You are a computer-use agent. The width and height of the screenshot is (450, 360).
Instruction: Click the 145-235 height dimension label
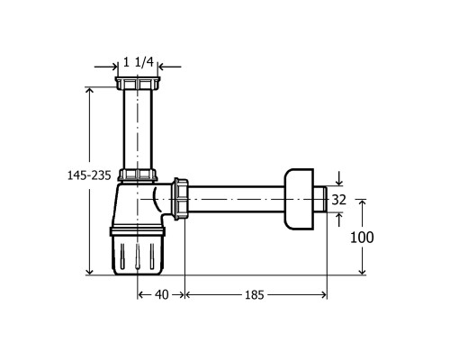click(89, 175)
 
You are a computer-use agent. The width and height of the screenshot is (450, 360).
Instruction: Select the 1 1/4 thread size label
click(139, 62)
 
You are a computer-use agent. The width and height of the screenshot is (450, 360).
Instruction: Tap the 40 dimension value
click(162, 294)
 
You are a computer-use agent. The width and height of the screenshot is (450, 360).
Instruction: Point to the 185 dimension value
click(255, 295)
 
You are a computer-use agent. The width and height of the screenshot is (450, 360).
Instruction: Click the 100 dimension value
click(362, 238)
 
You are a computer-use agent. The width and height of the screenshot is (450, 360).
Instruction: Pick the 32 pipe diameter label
click(339, 200)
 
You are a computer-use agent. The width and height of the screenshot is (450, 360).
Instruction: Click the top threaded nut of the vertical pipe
click(138, 83)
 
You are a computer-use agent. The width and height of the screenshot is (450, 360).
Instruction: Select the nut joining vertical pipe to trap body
click(138, 175)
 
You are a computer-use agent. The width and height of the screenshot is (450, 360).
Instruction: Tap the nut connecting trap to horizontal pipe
click(180, 199)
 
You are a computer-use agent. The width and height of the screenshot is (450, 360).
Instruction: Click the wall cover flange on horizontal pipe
click(299, 200)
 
